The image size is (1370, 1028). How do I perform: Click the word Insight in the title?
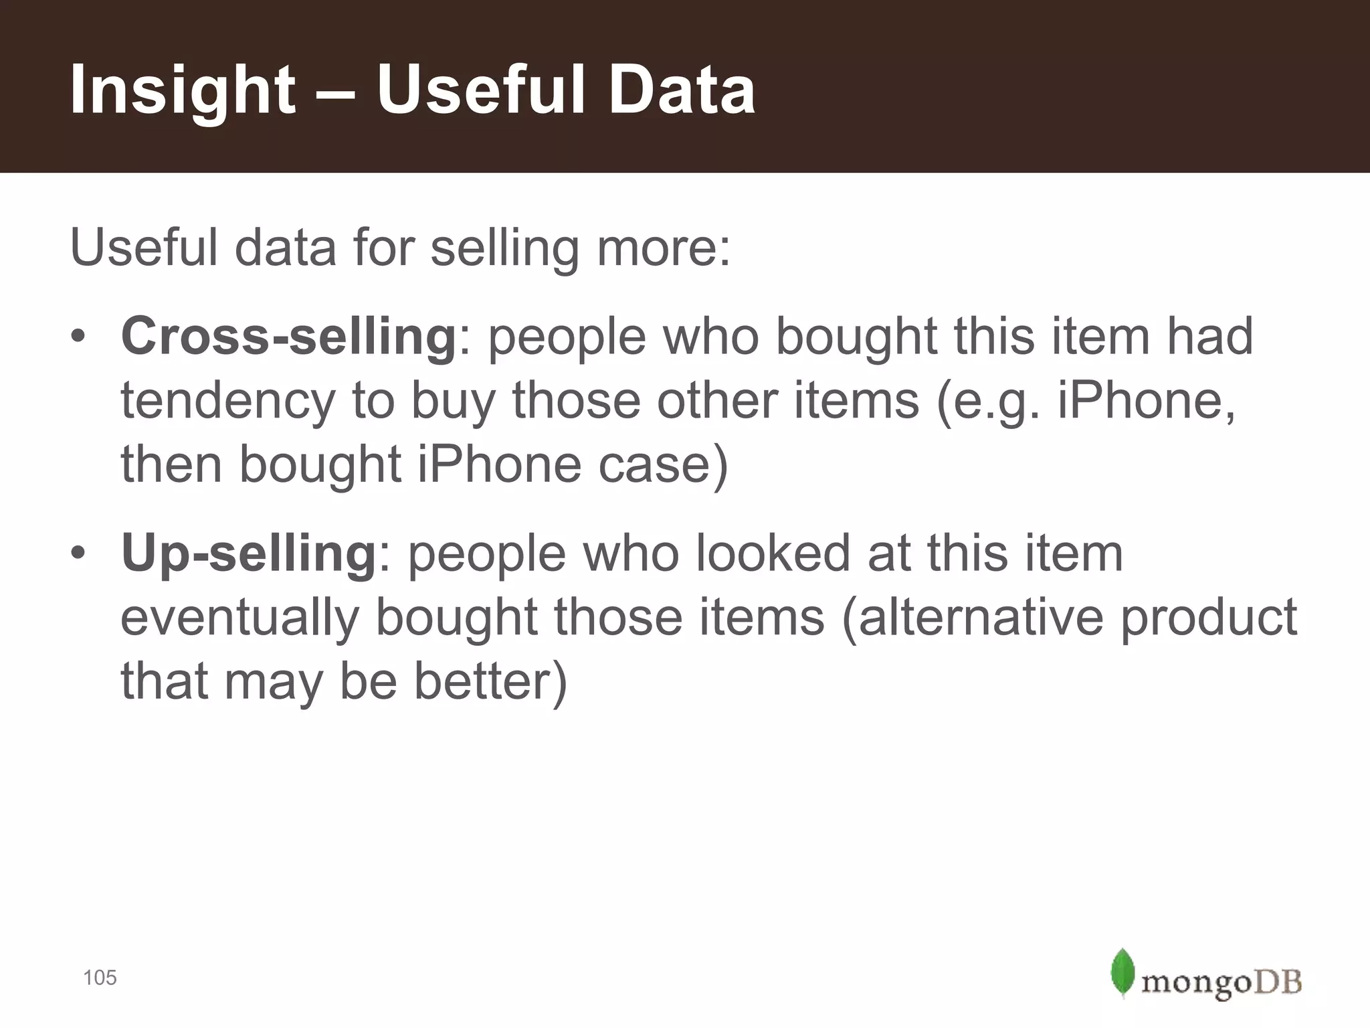(182, 91)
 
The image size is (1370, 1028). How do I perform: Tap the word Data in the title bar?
(682, 90)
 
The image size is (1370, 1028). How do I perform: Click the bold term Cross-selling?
(288, 336)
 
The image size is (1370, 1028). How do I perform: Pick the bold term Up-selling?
(249, 553)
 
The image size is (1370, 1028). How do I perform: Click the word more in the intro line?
(663, 248)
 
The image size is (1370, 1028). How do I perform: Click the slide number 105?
(100, 978)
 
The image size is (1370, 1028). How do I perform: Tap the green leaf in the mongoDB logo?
(1122, 972)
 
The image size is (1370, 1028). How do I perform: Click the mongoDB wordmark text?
(1221, 982)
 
